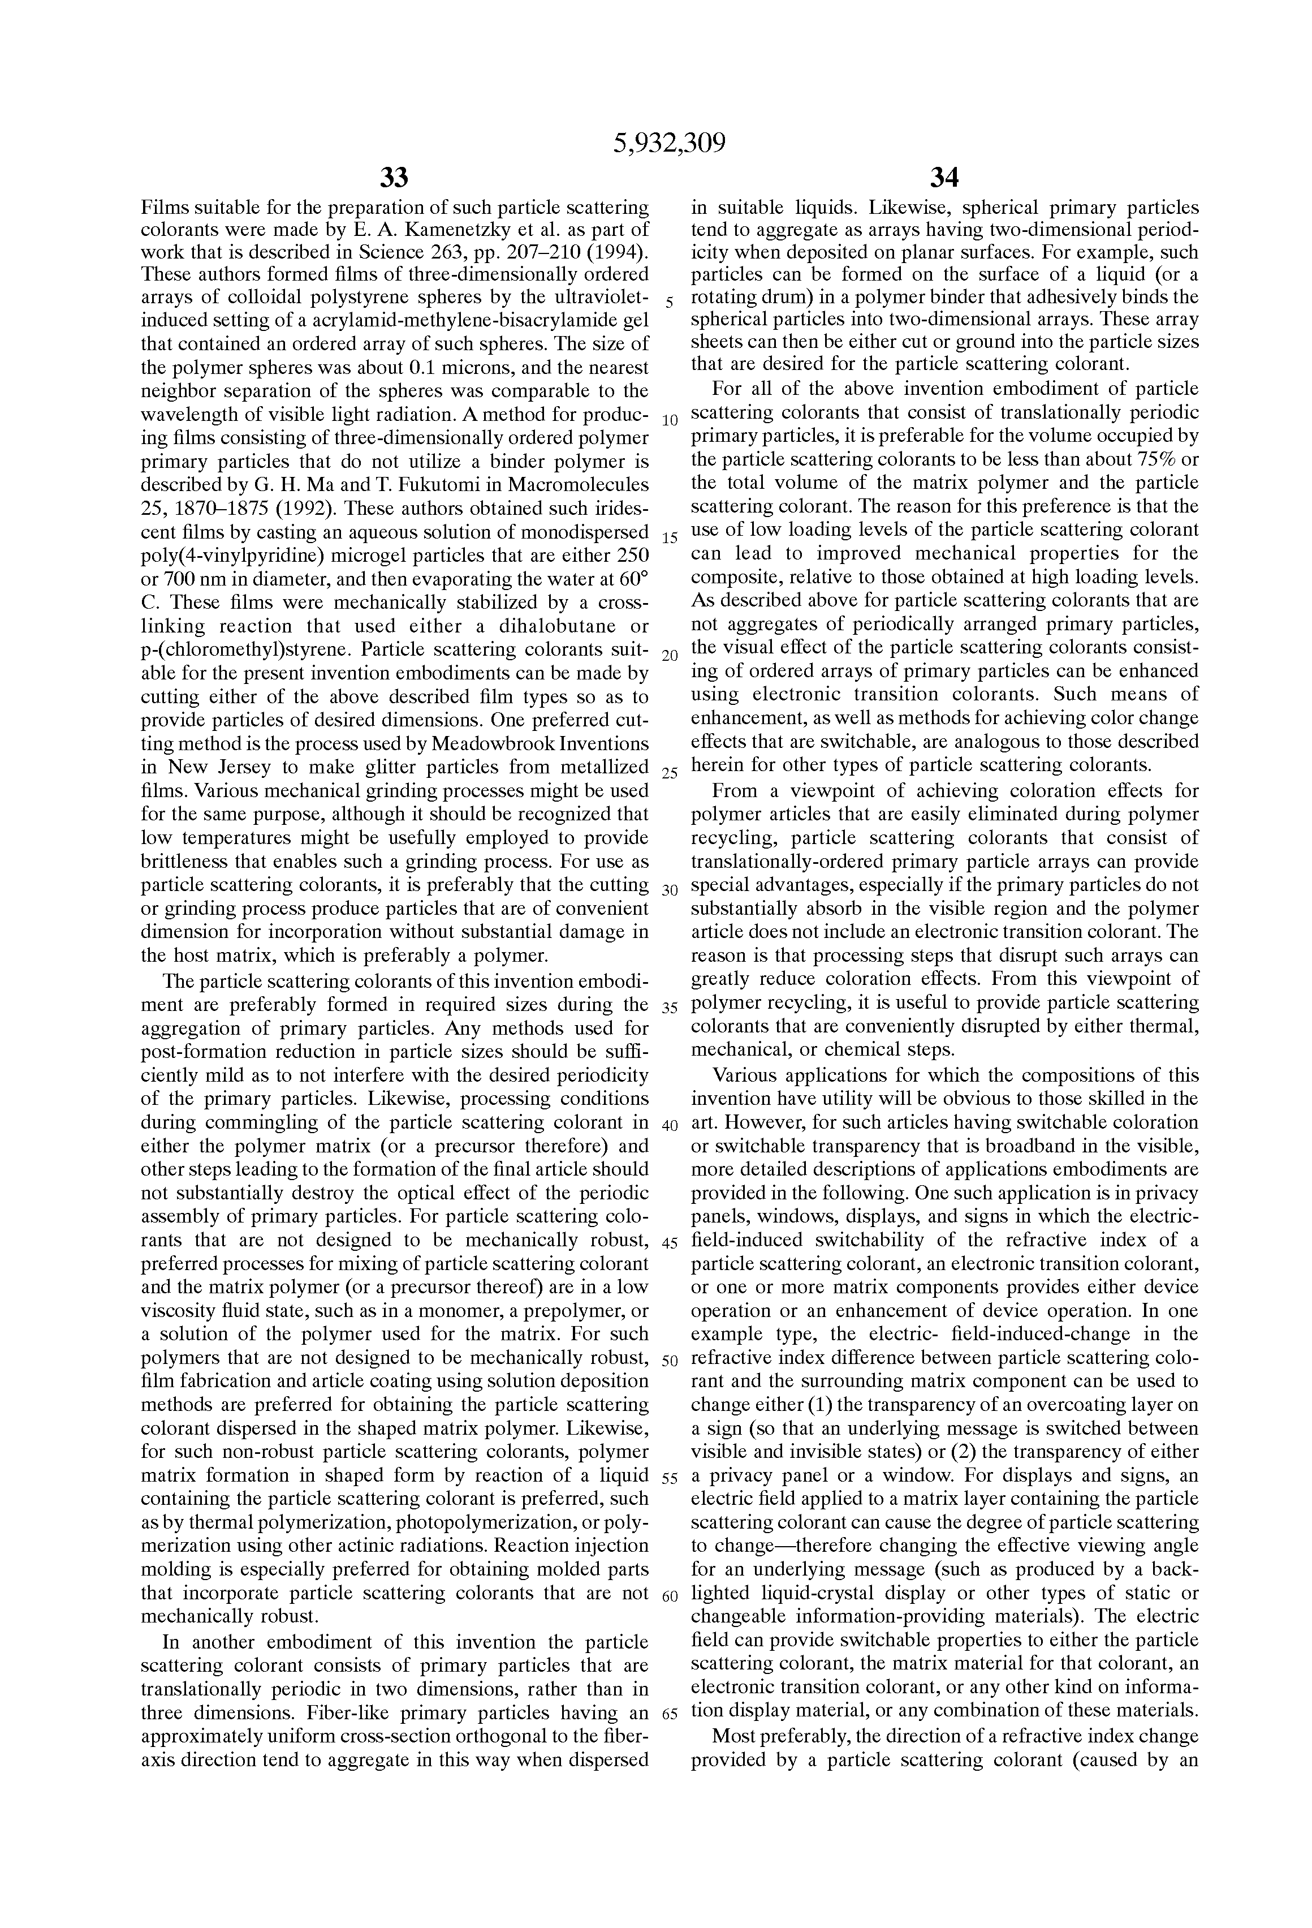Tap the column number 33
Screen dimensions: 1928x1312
(x=394, y=178)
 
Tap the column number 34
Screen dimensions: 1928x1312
(x=944, y=178)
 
